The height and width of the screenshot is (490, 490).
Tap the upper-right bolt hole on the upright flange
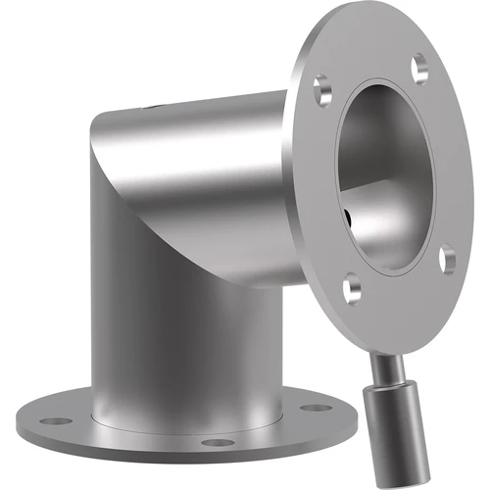click(x=420, y=68)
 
